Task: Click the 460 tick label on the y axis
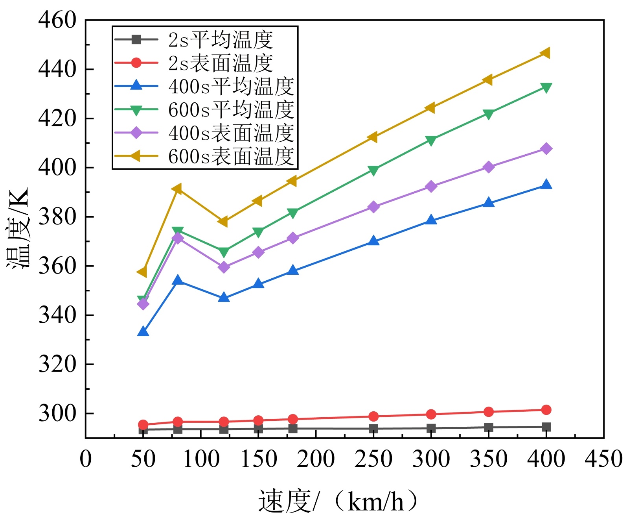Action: (57, 20)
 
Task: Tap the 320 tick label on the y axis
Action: (57, 364)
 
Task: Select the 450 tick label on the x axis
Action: (603, 459)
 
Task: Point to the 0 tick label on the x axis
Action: (86, 459)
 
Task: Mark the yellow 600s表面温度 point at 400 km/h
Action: (545, 53)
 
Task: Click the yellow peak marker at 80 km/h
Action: (177, 189)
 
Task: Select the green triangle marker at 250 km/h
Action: (373, 170)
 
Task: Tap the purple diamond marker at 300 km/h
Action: (431, 186)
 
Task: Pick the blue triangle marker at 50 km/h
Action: (143, 332)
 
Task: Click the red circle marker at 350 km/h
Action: (488, 412)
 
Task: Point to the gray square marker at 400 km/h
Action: (546, 427)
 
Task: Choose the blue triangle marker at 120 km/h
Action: (224, 298)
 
